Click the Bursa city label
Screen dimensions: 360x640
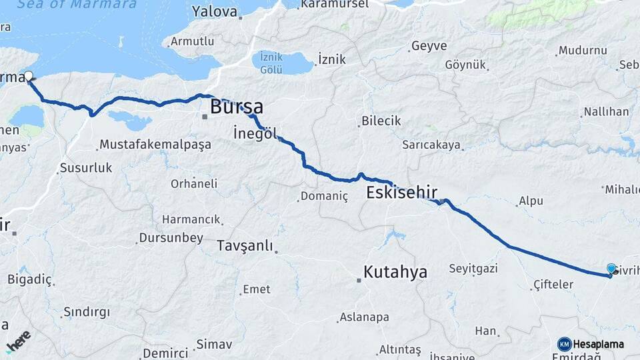click(236, 107)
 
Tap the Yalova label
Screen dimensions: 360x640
click(214, 11)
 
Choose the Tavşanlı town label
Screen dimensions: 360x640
click(245, 246)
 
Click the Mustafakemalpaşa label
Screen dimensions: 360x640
click(155, 145)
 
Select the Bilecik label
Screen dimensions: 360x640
click(381, 121)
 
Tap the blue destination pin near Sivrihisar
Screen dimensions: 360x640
click(611, 269)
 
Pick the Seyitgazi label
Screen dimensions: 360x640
click(474, 268)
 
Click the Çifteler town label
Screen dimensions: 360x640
click(553, 285)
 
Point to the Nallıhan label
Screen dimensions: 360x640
click(606, 111)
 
